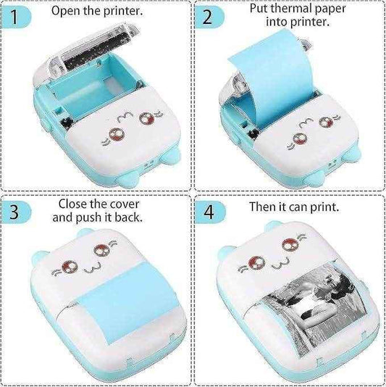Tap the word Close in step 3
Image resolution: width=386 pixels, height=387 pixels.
(74, 204)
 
